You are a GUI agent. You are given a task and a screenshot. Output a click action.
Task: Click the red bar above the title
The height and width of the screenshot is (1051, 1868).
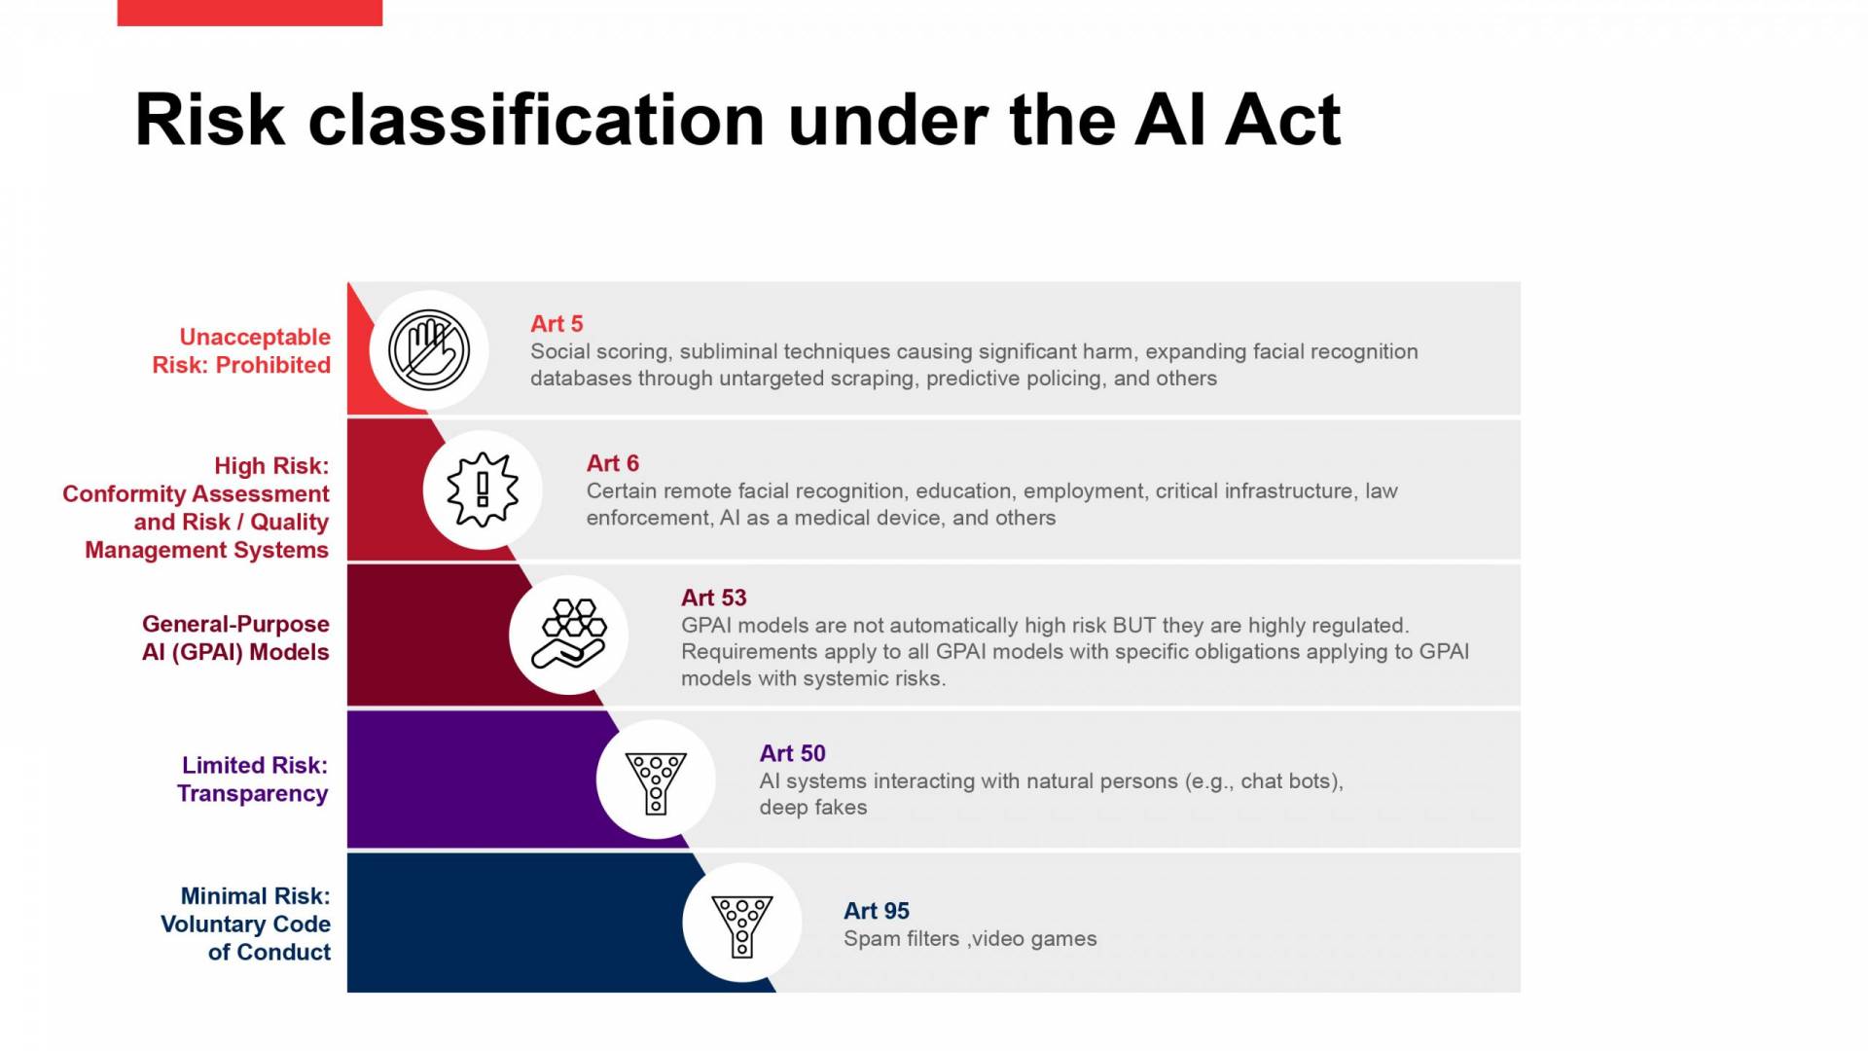pos(249,13)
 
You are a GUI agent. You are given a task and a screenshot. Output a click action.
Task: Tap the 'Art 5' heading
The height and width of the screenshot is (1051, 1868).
pos(557,323)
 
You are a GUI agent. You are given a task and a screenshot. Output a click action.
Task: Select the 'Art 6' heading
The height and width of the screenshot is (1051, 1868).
pos(613,463)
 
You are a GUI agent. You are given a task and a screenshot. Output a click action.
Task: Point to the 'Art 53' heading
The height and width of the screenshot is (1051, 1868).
pos(714,598)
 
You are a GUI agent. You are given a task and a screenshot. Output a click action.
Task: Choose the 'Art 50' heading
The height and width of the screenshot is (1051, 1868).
pos(793,753)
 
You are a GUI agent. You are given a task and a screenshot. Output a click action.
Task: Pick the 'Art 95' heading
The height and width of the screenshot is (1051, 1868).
pos(877,911)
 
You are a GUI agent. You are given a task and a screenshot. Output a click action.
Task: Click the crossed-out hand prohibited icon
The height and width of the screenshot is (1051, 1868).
pos(429,350)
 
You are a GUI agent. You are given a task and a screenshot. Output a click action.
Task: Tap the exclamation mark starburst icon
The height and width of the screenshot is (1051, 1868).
pos(483,489)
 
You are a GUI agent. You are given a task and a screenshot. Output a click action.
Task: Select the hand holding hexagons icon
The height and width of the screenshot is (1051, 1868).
pos(569,634)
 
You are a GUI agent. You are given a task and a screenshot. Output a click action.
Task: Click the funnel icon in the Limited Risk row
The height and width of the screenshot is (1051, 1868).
pos(656,782)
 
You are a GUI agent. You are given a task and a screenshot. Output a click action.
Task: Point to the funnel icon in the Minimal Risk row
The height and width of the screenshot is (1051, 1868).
pos(742,925)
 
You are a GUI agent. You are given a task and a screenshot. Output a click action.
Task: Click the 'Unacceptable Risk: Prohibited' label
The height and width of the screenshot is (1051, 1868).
pos(241,350)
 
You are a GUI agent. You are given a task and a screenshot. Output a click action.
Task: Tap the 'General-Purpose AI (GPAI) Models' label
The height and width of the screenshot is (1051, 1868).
pos(235,637)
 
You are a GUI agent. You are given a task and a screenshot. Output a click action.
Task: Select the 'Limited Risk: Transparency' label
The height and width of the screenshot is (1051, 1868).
pos(253,779)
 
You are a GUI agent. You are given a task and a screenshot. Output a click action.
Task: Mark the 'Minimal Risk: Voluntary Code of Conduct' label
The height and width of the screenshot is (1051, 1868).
pos(245,924)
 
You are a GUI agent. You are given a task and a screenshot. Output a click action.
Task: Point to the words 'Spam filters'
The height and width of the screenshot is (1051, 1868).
pos(901,938)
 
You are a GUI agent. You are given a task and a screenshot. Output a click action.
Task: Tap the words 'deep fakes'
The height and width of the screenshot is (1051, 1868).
pos(813,807)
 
